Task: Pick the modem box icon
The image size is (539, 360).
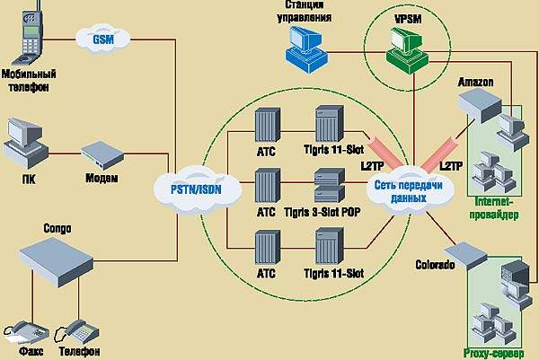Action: [101, 154]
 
